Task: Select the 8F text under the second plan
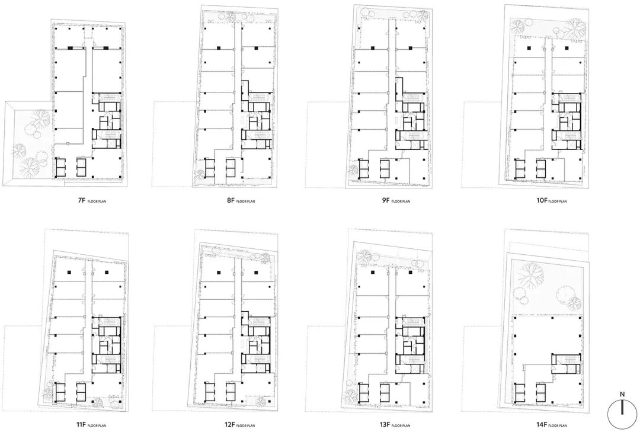point(230,201)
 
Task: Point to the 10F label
point(541,201)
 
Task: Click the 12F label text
point(229,425)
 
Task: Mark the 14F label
point(541,425)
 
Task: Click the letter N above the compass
point(622,395)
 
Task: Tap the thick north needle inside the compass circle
point(622,407)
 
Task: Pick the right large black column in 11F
point(107,272)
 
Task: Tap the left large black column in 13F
point(373,272)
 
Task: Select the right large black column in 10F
point(567,48)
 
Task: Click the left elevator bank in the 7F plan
point(60,168)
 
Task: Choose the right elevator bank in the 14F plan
point(540,392)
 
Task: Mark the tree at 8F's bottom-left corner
point(200,174)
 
